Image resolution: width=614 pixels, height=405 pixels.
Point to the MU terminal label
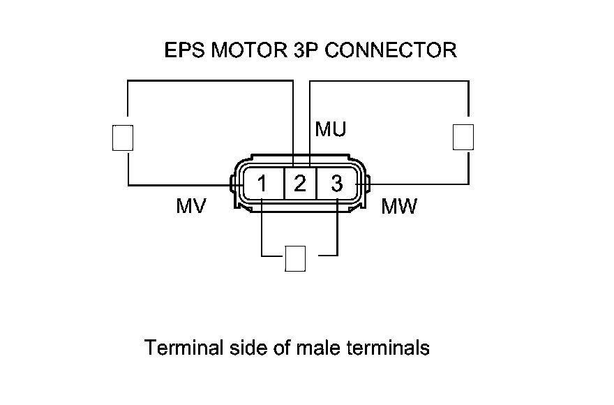[330, 130]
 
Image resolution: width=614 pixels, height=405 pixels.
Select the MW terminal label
[399, 207]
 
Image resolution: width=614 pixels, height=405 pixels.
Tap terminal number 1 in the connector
[262, 184]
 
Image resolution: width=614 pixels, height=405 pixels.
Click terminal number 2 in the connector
[300, 184]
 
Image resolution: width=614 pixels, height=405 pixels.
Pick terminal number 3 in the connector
[337, 184]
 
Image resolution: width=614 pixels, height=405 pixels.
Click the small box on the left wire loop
[122, 137]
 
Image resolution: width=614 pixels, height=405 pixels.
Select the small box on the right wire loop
[463, 136]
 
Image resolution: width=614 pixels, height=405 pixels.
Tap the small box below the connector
[295, 258]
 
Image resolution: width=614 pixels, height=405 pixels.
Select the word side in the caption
[249, 348]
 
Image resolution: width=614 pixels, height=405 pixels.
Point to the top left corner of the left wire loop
[128, 80]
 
